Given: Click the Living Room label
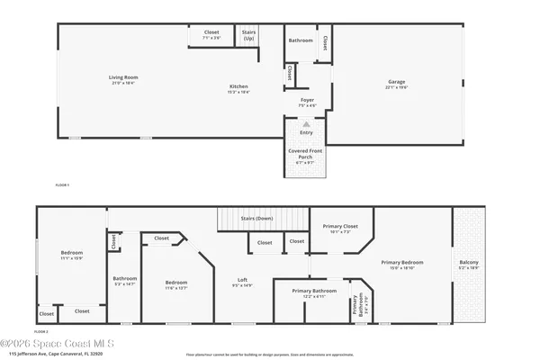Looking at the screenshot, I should pyautogui.click(x=122, y=77).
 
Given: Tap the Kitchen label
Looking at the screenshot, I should pyautogui.click(x=238, y=86).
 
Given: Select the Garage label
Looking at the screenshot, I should pyautogui.click(x=397, y=82).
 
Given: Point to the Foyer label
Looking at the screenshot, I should pyautogui.click(x=307, y=99).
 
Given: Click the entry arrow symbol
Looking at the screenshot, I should pyautogui.click(x=306, y=123).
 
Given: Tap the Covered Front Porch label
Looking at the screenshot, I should pyautogui.click(x=306, y=155).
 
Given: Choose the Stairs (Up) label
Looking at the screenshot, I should pyautogui.click(x=249, y=36).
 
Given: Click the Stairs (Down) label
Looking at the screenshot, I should pyautogui.click(x=256, y=219).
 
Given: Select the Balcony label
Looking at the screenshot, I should pyautogui.click(x=468, y=263).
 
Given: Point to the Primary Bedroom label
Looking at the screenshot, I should pyautogui.click(x=401, y=263).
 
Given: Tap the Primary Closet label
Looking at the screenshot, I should pyautogui.click(x=339, y=227).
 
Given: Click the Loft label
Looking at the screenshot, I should pyautogui.click(x=242, y=280).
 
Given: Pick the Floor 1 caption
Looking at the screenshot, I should pyautogui.click(x=62, y=184).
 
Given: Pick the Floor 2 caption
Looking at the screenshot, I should pyautogui.click(x=42, y=332).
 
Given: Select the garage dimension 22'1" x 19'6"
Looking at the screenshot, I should pyautogui.click(x=397, y=87).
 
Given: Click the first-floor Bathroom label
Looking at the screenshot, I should pyautogui.click(x=301, y=40).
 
